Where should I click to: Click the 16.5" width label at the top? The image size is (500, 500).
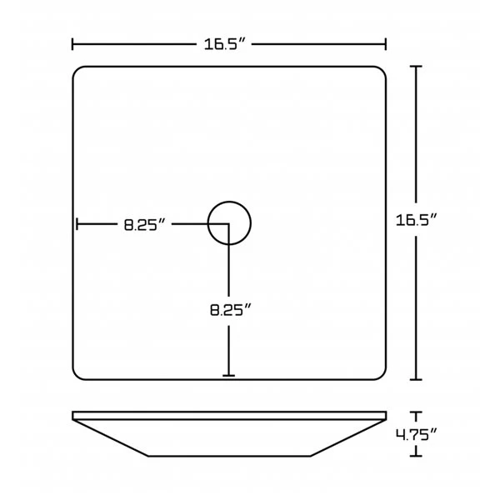228,44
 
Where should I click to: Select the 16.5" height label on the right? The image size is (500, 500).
417,221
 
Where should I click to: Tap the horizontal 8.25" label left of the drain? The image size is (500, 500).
146,224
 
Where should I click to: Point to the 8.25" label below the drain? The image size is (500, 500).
230,310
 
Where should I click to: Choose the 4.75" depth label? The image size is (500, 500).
417,433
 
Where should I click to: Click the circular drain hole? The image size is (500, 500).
229,223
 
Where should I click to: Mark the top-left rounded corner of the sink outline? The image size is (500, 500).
79,72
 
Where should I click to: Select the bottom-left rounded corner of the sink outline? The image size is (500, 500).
79,374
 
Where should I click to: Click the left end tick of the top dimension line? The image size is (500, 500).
73,44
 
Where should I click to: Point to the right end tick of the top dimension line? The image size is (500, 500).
386,44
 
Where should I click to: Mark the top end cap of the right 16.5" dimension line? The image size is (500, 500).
417,66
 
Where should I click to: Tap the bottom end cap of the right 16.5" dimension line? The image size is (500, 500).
417,380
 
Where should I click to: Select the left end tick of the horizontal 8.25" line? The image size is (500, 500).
77,224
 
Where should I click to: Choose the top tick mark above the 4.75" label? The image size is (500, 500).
417,412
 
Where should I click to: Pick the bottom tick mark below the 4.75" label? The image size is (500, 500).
417,455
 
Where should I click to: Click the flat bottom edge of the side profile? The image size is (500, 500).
229,456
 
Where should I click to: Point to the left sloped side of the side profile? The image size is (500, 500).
112,438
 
